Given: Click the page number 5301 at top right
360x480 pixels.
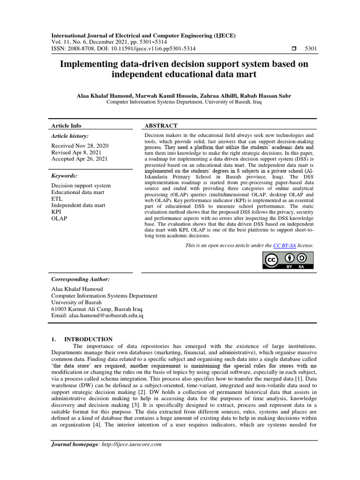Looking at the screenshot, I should pos(311,49).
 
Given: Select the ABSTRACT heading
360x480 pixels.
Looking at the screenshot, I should pos(161,126).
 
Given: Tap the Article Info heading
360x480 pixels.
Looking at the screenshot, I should pos(66,126).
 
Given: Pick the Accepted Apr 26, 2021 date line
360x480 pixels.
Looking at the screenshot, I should pos(79,159).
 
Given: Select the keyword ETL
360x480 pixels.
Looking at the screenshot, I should pos(56,199).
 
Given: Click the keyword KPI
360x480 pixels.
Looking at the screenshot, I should pos(56,212).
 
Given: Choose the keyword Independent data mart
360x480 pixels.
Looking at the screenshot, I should pos(78,205).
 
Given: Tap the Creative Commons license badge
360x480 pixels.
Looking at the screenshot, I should pos(288,261).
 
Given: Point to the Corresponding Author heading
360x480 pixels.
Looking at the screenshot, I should pos(80,279).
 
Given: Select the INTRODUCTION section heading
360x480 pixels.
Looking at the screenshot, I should pos(88,339).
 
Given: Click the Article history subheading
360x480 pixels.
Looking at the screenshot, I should pos(70,136).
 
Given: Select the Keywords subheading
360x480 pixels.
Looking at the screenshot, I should pos(64,176).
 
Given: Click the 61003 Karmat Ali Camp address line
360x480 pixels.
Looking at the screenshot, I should pos(97,309).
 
